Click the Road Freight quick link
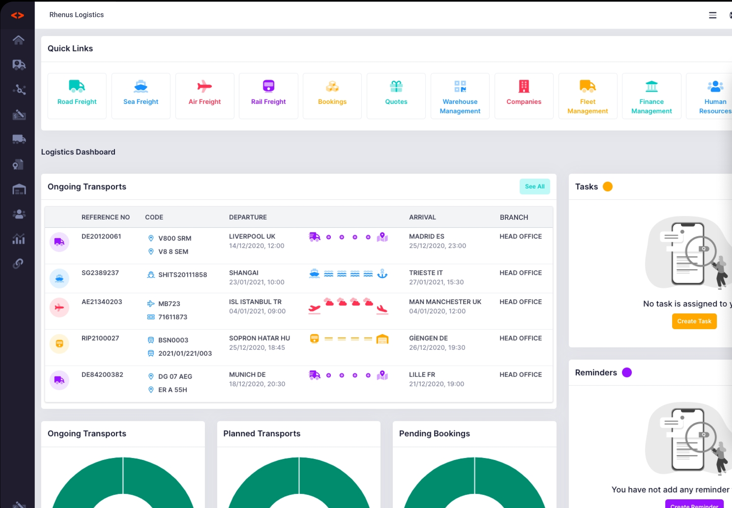(x=77, y=96)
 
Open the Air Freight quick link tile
(x=205, y=96)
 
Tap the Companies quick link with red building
(x=524, y=96)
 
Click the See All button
(x=534, y=186)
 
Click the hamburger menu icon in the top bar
(x=712, y=15)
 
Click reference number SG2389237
(x=100, y=273)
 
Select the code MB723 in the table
(x=169, y=304)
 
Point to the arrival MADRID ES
(x=426, y=236)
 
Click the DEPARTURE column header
(x=248, y=217)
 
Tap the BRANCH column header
(x=514, y=217)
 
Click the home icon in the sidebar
(x=18, y=40)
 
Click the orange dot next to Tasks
(x=607, y=187)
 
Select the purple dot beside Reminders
(x=626, y=372)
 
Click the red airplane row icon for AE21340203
(x=59, y=308)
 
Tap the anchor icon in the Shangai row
(x=382, y=274)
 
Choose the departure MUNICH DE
(x=247, y=374)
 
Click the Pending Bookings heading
(x=434, y=433)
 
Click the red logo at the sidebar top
(x=17, y=15)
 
